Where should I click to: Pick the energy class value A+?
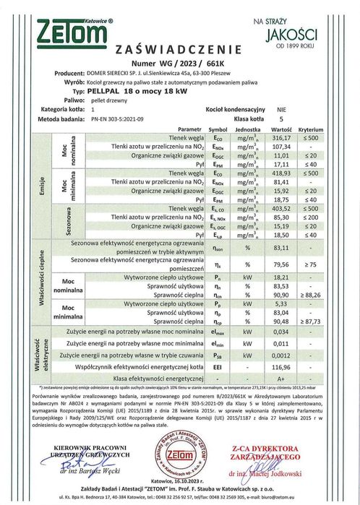pos(290,378)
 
